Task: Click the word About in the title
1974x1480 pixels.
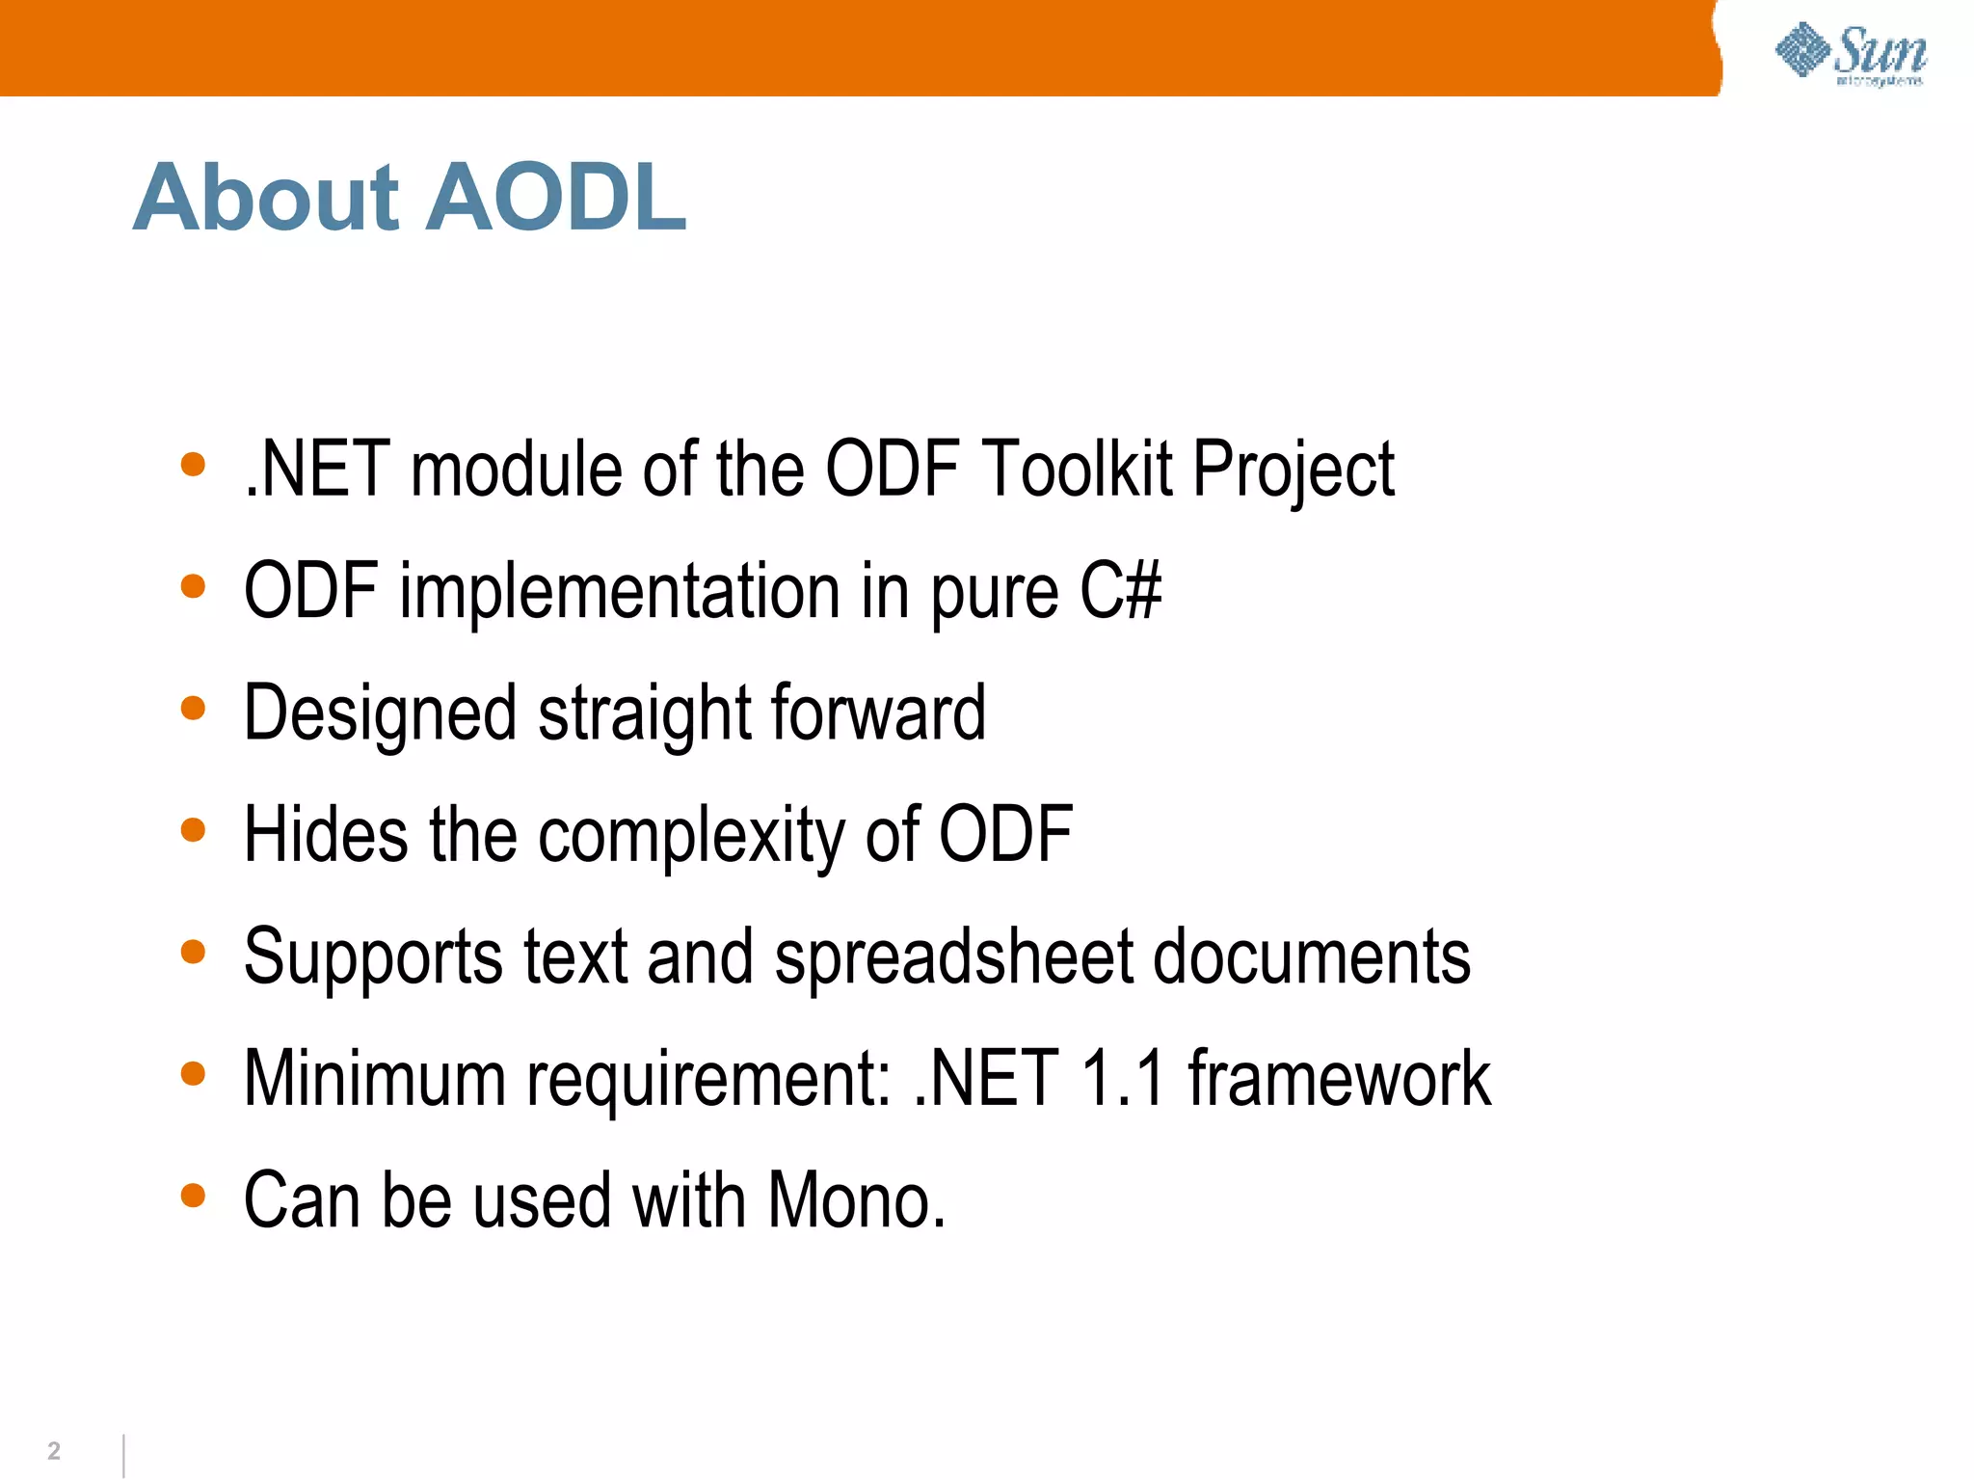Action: point(266,199)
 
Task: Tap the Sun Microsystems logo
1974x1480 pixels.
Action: point(1851,55)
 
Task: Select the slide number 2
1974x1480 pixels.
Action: point(54,1451)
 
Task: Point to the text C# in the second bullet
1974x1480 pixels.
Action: point(1120,591)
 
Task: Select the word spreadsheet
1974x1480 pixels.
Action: point(954,957)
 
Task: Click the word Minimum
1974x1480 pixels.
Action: point(375,1078)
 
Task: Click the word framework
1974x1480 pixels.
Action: point(1340,1078)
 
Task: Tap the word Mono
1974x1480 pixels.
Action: point(856,1200)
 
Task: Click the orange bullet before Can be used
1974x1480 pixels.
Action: point(193,1196)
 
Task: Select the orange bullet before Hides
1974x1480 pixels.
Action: point(193,830)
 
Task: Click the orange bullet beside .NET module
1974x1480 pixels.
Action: point(193,465)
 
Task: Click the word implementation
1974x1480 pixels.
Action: point(620,592)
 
